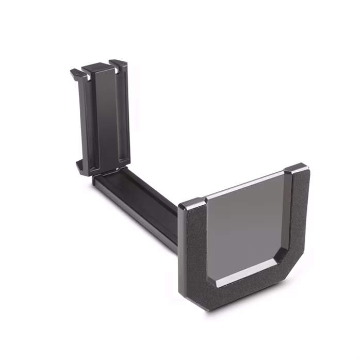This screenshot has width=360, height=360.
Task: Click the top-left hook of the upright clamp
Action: pos(75,73)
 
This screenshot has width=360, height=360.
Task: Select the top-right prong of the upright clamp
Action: pos(119,64)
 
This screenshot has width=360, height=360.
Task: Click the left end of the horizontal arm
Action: pos(98,180)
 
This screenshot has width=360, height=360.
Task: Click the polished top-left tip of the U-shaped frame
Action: pos(191,203)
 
